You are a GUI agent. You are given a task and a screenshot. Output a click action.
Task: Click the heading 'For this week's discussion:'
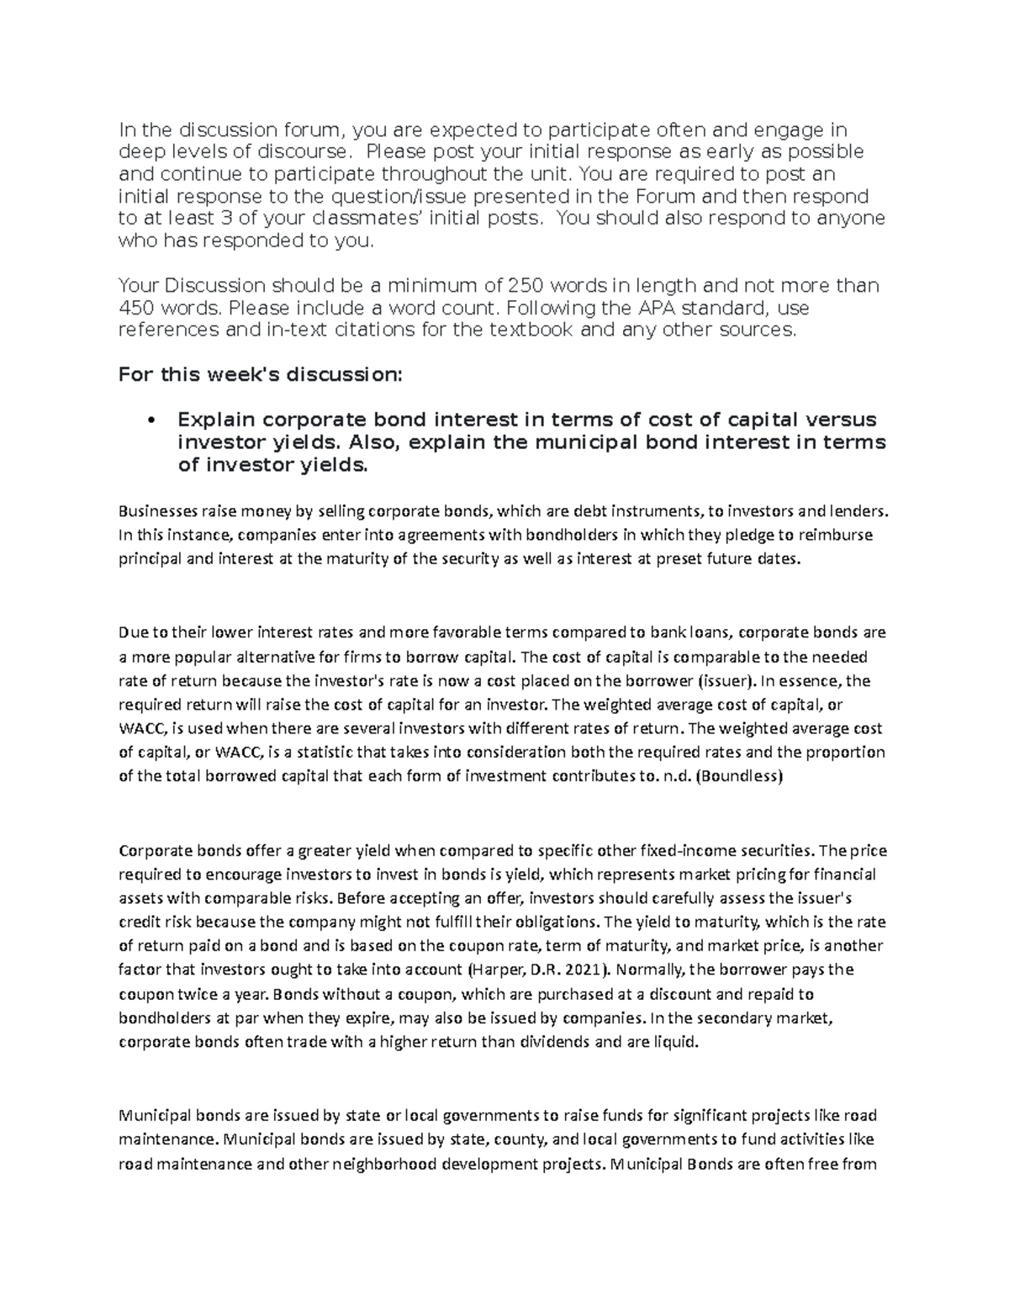tap(261, 374)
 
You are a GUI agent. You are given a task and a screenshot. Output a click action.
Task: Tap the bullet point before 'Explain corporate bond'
tap(151, 420)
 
